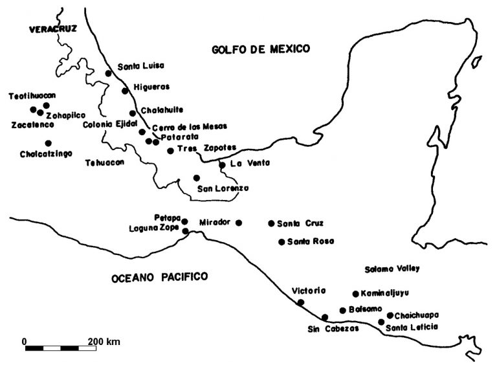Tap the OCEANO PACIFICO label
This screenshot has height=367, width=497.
coord(159,278)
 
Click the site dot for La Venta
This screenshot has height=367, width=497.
coord(222,164)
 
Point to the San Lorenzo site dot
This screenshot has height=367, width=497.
coord(196,177)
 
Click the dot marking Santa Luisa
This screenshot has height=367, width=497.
coord(109,73)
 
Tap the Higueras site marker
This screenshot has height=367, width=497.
coord(125,91)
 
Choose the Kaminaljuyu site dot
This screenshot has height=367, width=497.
coord(355,293)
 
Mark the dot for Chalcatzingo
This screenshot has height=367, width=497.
coord(48,143)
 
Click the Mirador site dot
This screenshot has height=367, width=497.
coord(239,223)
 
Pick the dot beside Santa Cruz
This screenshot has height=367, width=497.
coord(271,223)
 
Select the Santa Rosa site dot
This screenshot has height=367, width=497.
coord(282,242)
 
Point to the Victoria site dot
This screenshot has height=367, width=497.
coord(300,302)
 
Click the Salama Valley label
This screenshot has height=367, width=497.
coord(391,269)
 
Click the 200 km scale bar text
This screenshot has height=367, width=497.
coord(104,341)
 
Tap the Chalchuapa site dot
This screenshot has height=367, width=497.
coord(390,315)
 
